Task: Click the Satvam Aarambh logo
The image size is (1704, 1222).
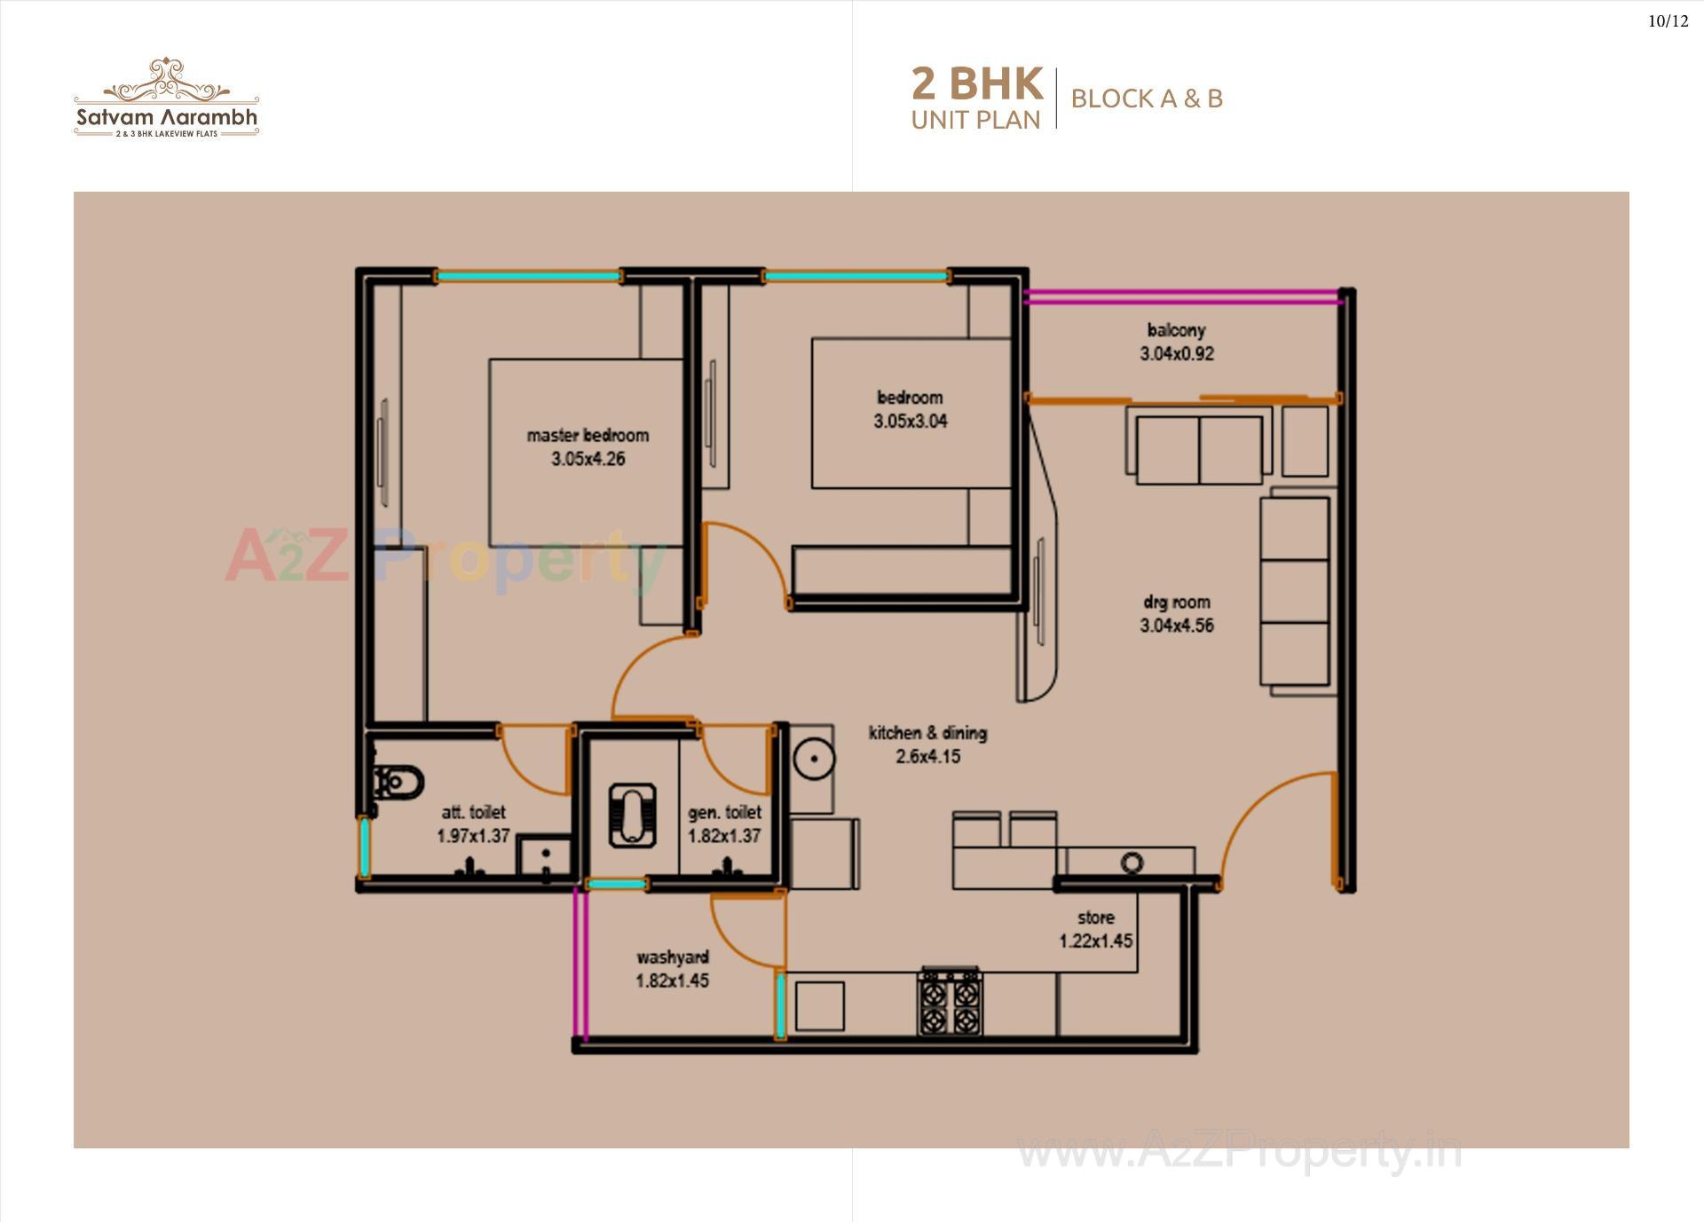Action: pos(166,99)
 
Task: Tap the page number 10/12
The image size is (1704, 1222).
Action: pos(1668,21)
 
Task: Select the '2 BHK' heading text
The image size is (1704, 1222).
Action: pos(976,84)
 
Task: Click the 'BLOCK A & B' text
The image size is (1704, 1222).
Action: pos(1147,99)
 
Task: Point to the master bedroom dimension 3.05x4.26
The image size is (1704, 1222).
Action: pos(588,459)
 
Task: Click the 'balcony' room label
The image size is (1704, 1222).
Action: pos(1176,330)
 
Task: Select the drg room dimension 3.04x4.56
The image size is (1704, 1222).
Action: pos(1176,626)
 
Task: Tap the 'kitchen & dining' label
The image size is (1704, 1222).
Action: pos(927,733)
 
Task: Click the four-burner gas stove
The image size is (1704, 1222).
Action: pos(950,1003)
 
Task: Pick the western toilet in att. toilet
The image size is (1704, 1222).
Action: pos(398,783)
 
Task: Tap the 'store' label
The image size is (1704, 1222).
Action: pos(1095,918)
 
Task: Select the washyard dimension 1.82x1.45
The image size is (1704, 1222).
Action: pos(672,981)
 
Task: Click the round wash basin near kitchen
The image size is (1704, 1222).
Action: pos(811,760)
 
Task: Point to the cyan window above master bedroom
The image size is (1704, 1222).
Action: pos(528,277)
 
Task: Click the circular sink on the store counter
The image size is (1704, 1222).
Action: pos(1132,862)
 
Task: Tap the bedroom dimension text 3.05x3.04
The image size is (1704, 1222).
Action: pos(910,422)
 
